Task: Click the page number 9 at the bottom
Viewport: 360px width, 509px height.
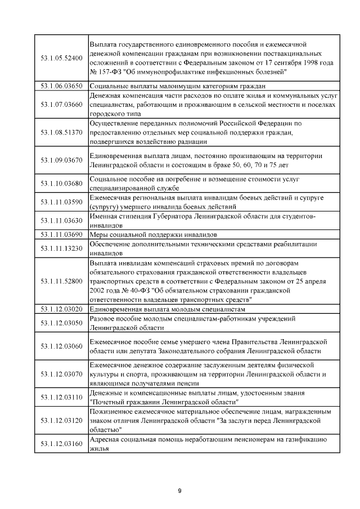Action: point(179,492)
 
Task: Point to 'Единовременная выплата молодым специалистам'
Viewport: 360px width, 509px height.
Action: point(168,309)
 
